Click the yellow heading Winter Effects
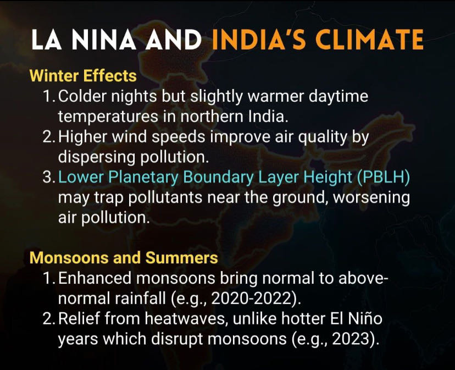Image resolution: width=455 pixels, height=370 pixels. [x=83, y=76]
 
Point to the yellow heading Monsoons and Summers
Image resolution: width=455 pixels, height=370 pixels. [x=124, y=258]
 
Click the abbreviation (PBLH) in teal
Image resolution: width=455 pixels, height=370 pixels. [x=384, y=177]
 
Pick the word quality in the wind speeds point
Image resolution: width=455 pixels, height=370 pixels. [x=323, y=137]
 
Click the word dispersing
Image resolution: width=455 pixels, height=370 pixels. [x=97, y=158]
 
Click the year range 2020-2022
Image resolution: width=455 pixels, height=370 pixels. [x=251, y=299]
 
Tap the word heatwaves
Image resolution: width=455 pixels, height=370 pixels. [x=185, y=318]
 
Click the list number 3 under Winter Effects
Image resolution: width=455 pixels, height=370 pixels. [x=47, y=177]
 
